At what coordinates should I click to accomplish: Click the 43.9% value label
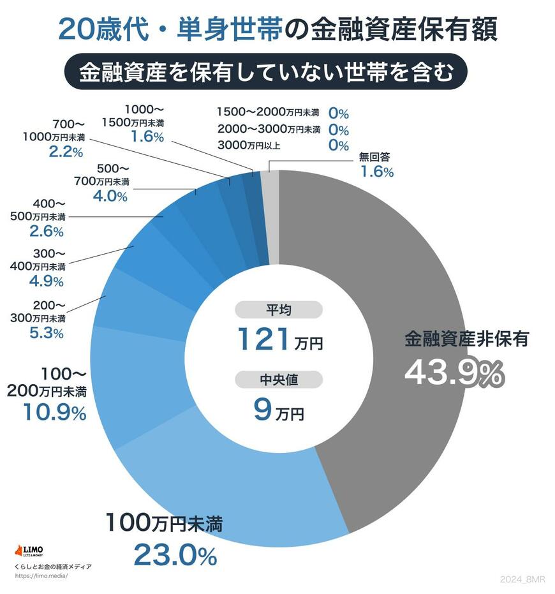pos(454,375)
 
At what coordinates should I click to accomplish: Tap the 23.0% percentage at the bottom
pos(175,556)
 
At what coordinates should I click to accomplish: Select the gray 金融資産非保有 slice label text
pos(466,339)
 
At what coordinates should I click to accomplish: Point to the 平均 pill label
pos(278,310)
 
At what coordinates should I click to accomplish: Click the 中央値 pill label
pos(278,380)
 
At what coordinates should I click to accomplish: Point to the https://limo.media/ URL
pos(40,575)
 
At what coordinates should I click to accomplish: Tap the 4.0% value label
pos(110,196)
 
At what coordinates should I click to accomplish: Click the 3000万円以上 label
pos(249,145)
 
